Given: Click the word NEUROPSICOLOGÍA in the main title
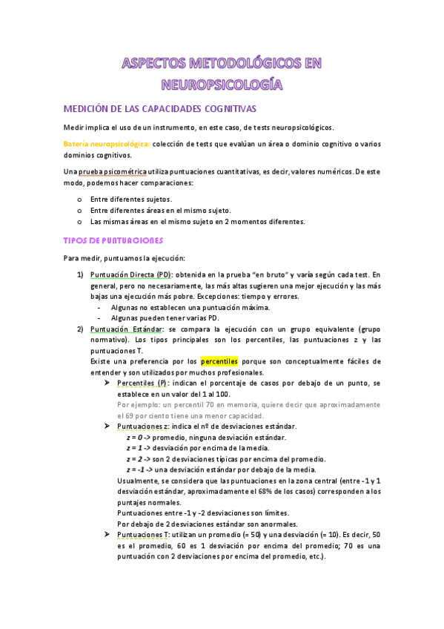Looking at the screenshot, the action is tap(222, 83).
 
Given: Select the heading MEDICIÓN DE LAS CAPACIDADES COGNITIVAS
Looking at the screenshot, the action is tap(159, 108).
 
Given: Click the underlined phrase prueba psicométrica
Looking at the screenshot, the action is tap(111, 171).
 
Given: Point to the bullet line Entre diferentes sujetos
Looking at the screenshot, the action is tap(130, 199).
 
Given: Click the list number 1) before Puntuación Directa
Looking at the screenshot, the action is tap(80, 274).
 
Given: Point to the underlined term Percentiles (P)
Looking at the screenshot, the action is tap(142, 383).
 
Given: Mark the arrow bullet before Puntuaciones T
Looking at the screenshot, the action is tap(107, 534).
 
